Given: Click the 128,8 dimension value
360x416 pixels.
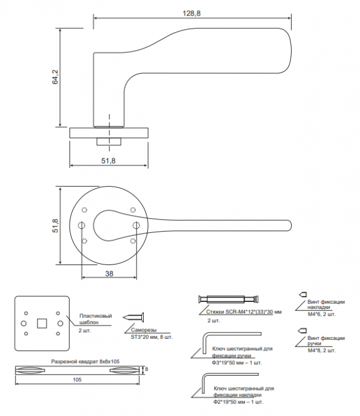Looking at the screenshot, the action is (191, 13).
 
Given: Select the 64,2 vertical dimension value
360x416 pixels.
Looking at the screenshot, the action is (55, 77).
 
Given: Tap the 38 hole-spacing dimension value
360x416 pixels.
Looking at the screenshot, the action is (109, 273).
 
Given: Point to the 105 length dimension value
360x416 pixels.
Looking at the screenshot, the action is (77, 380).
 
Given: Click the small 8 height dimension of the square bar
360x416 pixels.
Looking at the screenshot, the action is (147, 369).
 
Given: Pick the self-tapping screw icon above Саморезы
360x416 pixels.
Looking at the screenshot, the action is (134, 317).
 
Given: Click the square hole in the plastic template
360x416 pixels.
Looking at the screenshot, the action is (42, 323).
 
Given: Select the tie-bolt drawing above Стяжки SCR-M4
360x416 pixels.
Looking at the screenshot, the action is (228, 300).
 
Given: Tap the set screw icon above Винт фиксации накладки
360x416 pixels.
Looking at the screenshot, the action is (303, 294).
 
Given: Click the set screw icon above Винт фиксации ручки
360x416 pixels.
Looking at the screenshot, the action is (303, 330).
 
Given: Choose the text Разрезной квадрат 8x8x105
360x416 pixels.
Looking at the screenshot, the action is (85, 361).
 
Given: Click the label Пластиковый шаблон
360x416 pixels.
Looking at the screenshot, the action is (96, 319).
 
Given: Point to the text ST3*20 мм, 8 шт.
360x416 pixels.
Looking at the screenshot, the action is (151, 337).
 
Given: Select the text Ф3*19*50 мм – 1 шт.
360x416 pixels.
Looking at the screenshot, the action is (236, 363).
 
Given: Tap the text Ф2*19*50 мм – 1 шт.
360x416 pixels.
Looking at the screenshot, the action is (238, 402).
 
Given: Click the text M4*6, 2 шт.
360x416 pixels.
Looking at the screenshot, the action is (321, 314).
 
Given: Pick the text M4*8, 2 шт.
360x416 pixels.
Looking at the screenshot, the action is (321, 351).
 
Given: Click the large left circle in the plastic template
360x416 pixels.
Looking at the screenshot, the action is (24, 323).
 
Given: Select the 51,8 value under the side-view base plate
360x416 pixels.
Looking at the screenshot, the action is (108, 160).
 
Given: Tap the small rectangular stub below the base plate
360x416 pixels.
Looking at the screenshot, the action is (109, 141).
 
